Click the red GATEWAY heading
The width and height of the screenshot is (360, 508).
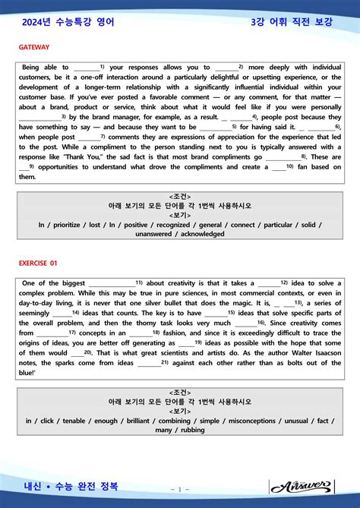(35, 47)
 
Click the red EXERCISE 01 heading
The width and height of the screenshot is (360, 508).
(39, 263)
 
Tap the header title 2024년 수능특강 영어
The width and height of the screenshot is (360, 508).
(68, 23)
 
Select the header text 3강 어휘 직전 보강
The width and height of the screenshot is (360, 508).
(292, 23)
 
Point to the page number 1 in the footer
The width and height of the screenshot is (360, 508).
(180, 488)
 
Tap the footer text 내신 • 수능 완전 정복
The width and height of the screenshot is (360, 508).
(71, 485)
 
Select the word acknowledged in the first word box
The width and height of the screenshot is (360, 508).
(200, 234)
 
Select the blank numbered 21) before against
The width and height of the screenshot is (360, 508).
(150, 362)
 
